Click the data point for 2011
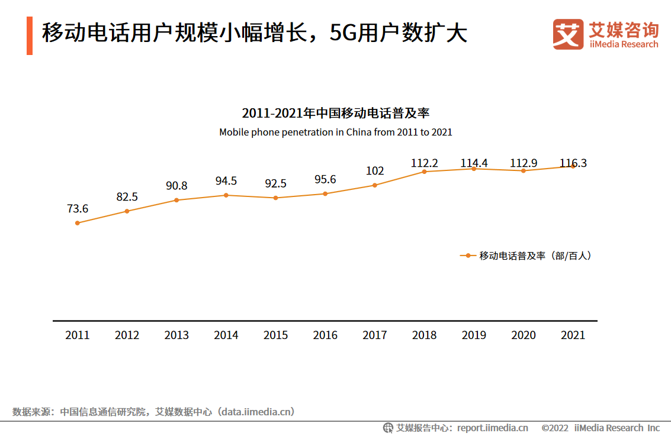pyautogui.click(x=78, y=223)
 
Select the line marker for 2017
pyautogui.click(x=375, y=185)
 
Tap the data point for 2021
pyautogui.click(x=573, y=166)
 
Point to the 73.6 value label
pyautogui.click(x=78, y=209)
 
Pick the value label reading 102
pyautogui.click(x=375, y=171)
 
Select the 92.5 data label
pyautogui.click(x=275, y=183)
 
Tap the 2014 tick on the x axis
pyautogui.click(x=226, y=335)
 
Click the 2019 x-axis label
pyautogui.click(x=474, y=335)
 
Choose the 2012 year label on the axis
pyautogui.click(x=127, y=335)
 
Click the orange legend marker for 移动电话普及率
pyautogui.click(x=468, y=256)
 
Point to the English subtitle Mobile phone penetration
pyautogui.click(x=335, y=133)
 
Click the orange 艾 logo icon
pyautogui.click(x=568, y=34)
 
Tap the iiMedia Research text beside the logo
pyautogui.click(x=624, y=44)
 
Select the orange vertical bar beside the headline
pyautogui.click(x=30, y=36)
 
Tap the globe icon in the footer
pyautogui.click(x=389, y=428)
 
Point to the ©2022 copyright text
pyautogui.click(x=555, y=428)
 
